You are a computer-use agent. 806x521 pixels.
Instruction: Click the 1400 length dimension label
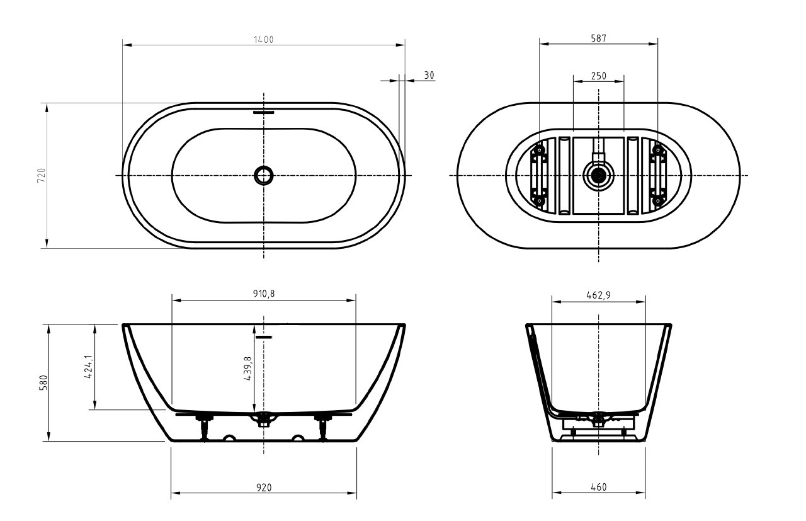263,39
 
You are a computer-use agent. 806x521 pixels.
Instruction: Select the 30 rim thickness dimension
429,75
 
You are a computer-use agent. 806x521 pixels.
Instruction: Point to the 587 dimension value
598,38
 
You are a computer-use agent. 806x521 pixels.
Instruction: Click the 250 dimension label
598,76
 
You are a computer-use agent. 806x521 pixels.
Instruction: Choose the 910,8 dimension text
263,294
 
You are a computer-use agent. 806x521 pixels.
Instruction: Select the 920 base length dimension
263,488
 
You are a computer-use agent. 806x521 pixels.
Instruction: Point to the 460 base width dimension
598,488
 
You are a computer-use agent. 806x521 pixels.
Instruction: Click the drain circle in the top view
263,175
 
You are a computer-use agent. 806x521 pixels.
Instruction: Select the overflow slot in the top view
264,113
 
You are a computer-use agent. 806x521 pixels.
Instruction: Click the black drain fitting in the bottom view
598,175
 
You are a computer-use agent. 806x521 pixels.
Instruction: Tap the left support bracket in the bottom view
539,175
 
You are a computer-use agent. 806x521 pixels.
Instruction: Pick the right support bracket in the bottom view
658,175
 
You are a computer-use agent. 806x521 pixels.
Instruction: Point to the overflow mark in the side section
264,337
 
